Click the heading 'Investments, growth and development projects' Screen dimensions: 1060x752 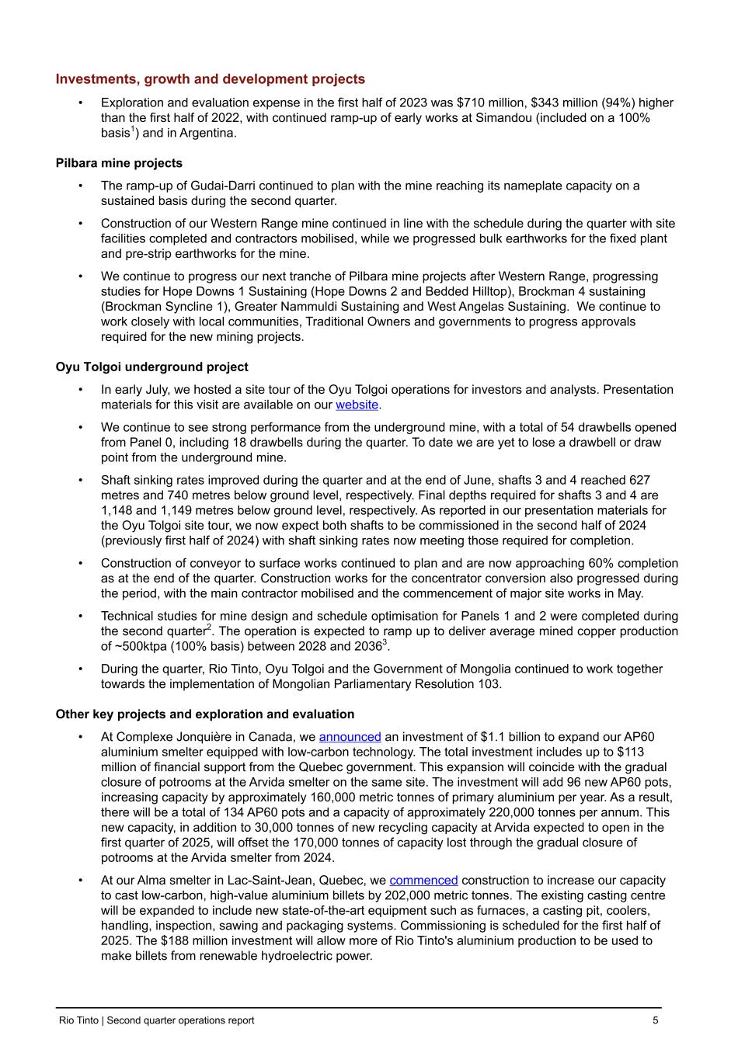pyautogui.click(x=210, y=79)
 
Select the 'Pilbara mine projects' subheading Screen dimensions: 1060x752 pyautogui.click(x=119, y=163)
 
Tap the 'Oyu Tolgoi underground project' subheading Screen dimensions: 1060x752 pyautogui.click(x=151, y=367)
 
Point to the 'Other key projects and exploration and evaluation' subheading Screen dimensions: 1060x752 pyautogui.click(x=204, y=714)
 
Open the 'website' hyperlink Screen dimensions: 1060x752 pyautogui.click(x=357, y=405)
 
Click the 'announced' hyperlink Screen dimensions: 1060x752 pyautogui.click(x=350, y=736)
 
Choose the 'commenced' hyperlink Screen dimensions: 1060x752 pyautogui.click(x=423, y=880)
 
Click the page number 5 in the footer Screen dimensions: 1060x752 pyautogui.click(x=656, y=1020)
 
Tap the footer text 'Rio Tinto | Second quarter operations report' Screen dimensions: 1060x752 pyautogui.click(x=156, y=1020)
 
